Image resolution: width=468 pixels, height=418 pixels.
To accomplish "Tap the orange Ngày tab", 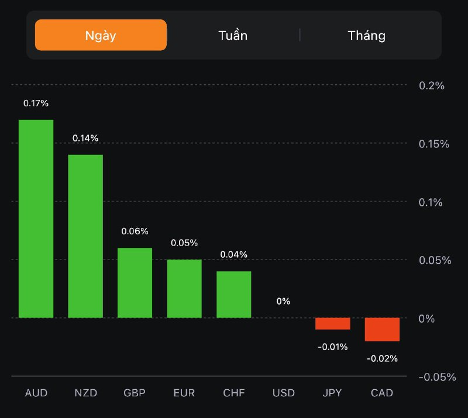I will click(101, 35).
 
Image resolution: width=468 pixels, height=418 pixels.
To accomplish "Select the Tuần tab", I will click(233, 35).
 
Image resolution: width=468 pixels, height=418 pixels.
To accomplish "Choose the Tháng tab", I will click(367, 35).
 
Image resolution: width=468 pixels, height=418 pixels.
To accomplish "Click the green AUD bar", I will click(36, 219).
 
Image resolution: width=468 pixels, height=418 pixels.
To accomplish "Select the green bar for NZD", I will click(85, 236).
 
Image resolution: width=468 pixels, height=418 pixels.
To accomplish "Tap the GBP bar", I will click(135, 283).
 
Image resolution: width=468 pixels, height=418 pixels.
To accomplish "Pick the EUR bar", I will click(184, 289).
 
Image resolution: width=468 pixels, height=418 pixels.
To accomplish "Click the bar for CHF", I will click(234, 295).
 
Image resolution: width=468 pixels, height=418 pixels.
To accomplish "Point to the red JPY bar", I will click(332, 324).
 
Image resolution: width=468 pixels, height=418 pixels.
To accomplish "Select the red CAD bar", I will click(382, 329).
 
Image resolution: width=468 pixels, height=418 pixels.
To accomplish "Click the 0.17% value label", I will click(36, 103).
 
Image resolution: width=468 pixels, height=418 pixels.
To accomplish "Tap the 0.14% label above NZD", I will click(85, 138).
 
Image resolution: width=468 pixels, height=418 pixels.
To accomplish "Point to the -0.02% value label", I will click(382, 358).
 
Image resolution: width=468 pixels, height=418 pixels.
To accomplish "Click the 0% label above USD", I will click(283, 301).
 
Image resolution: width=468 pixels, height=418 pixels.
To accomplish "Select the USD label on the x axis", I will click(283, 393).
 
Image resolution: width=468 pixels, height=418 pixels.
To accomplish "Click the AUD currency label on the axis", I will click(36, 393).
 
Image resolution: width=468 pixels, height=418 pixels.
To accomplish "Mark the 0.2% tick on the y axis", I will click(432, 85).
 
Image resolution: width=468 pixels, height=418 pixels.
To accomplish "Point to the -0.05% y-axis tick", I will click(436, 376).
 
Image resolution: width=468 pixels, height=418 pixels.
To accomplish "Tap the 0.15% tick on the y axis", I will click(435, 144).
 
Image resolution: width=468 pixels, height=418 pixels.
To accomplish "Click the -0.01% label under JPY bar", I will click(332, 347).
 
